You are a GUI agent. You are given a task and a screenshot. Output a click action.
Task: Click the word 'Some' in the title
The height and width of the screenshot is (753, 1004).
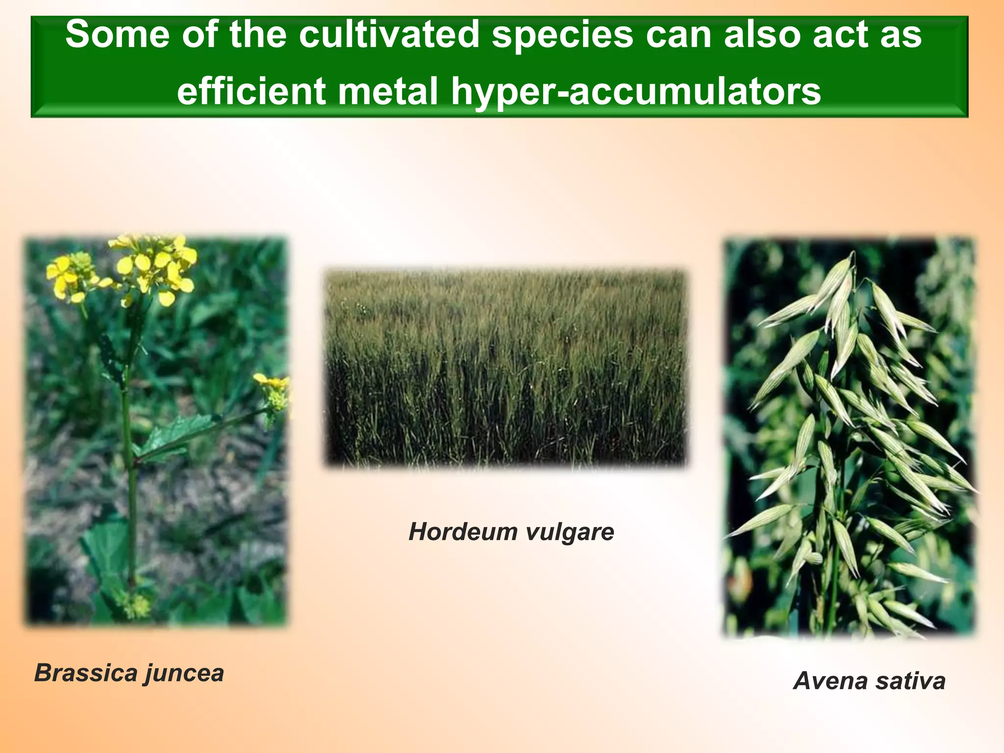tap(117, 34)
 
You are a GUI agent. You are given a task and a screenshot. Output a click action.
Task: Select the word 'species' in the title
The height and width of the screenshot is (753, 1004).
tap(562, 34)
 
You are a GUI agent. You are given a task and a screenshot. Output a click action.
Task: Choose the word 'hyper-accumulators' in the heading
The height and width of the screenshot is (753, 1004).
tap(636, 92)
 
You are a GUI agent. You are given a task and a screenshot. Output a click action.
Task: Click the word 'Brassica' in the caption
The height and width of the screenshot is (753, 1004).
tap(85, 673)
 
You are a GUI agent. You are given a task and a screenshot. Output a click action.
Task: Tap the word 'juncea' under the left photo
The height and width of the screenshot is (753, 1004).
tap(184, 674)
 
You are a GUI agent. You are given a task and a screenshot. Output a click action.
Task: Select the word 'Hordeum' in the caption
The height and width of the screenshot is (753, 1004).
tap(456, 531)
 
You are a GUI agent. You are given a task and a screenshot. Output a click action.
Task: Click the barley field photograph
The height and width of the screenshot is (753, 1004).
tap(505, 368)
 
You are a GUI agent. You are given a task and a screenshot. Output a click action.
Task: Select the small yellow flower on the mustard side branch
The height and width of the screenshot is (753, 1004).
tap(273, 387)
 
